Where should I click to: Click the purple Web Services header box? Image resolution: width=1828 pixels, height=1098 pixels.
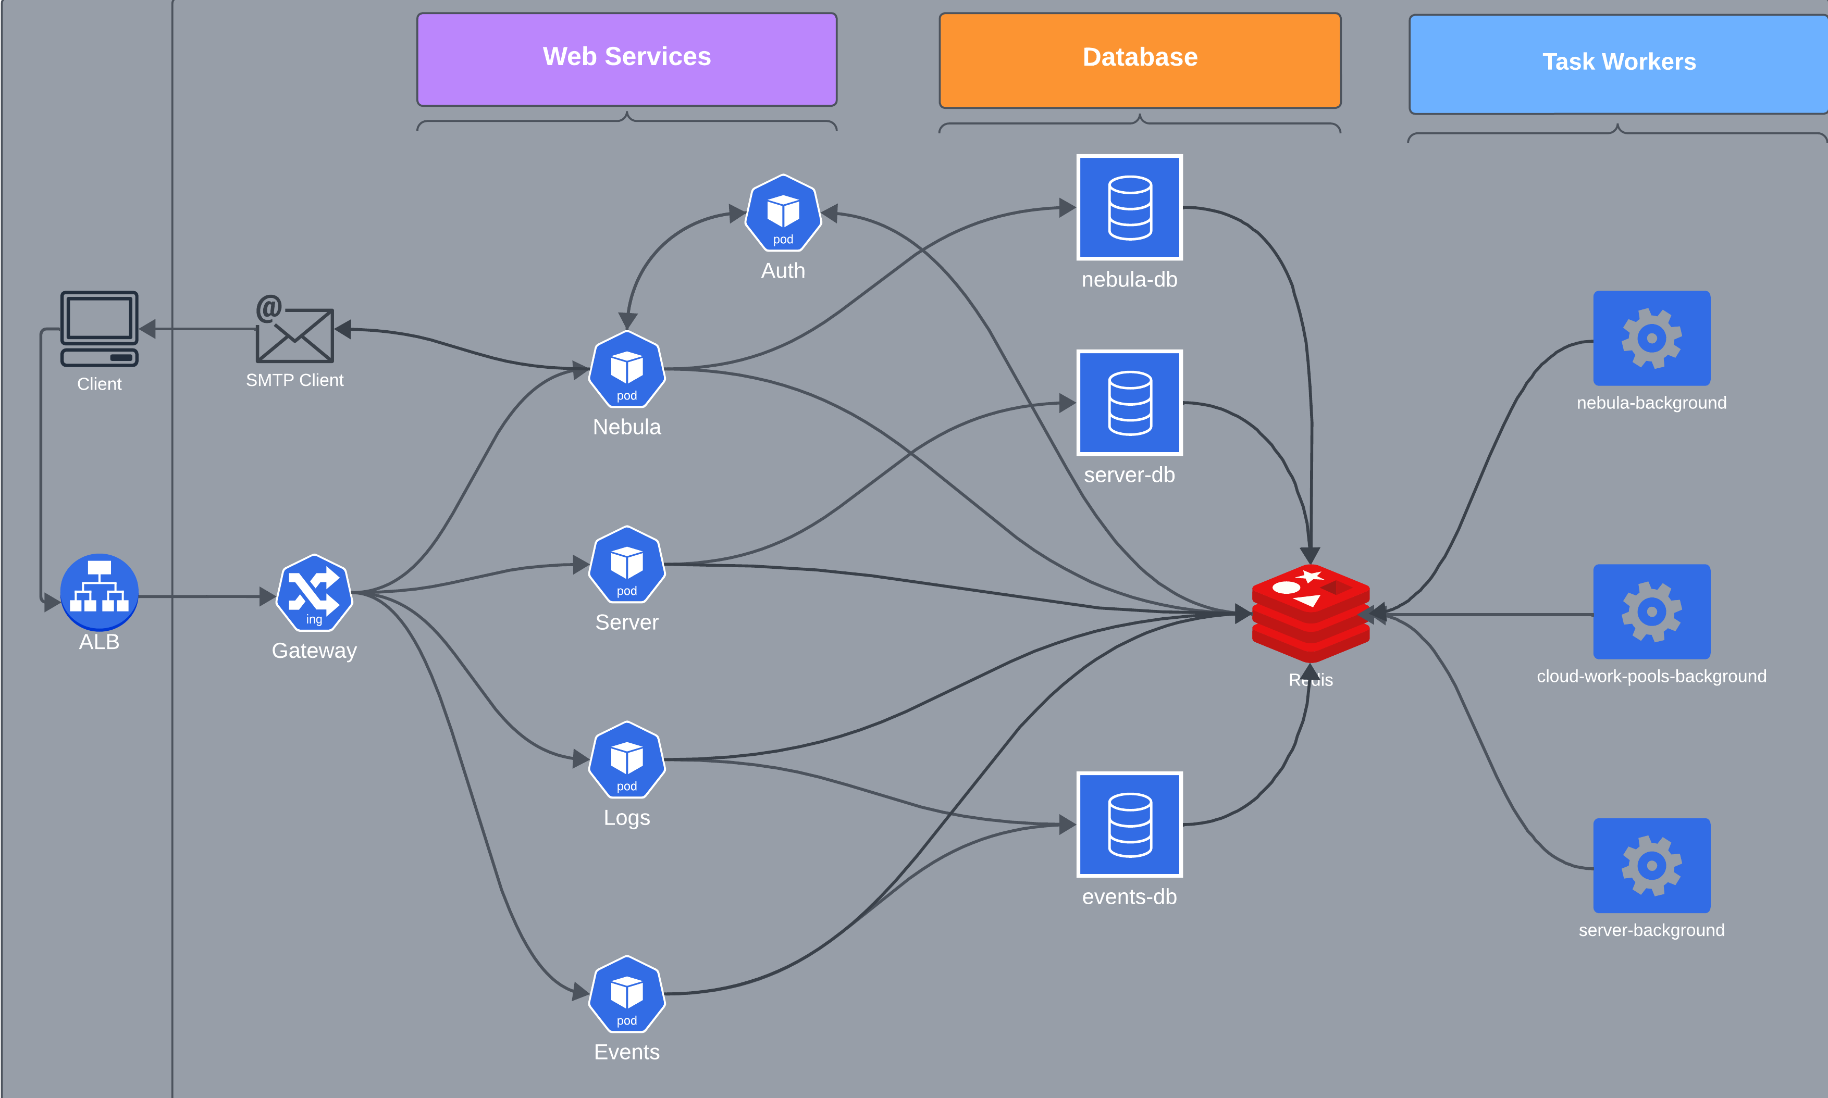coord(626,59)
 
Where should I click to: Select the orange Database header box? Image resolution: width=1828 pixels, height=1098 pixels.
coord(1140,60)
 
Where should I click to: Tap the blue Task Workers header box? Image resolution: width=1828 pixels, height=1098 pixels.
coord(1618,64)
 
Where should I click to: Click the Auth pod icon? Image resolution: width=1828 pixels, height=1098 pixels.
coord(783,213)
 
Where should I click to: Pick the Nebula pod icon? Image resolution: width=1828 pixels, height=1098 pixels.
coord(627,369)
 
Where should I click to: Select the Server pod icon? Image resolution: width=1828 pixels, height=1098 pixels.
coord(627,565)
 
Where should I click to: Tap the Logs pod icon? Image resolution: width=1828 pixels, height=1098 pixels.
coord(627,760)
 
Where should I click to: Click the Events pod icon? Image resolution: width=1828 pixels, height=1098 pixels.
coord(627,994)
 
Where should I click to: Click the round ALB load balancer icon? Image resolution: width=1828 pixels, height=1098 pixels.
coord(99,592)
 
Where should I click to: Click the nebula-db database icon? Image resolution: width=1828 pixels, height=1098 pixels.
coord(1129,207)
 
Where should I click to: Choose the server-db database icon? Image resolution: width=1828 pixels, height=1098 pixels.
coord(1129,403)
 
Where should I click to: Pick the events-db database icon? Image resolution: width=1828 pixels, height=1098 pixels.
coord(1129,824)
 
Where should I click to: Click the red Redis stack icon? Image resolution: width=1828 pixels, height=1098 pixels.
coord(1310,614)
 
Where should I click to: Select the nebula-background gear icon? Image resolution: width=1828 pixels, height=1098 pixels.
coord(1651,338)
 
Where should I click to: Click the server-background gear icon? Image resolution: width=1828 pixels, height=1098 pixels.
coord(1651,865)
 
